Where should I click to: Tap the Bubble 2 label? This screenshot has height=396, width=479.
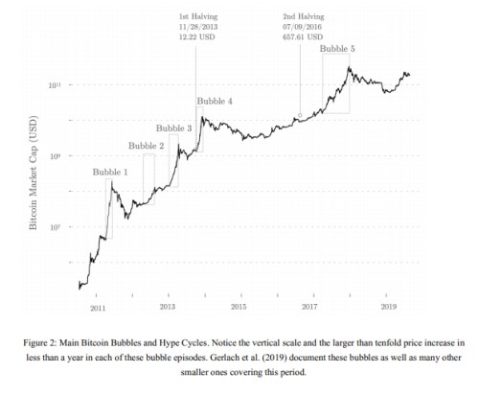(147, 146)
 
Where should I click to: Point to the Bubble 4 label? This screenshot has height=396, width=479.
(214, 101)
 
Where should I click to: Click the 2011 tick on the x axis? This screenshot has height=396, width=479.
(98, 307)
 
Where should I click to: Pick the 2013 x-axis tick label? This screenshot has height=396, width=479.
(168, 307)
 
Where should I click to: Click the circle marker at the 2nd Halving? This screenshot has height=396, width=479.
(300, 115)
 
